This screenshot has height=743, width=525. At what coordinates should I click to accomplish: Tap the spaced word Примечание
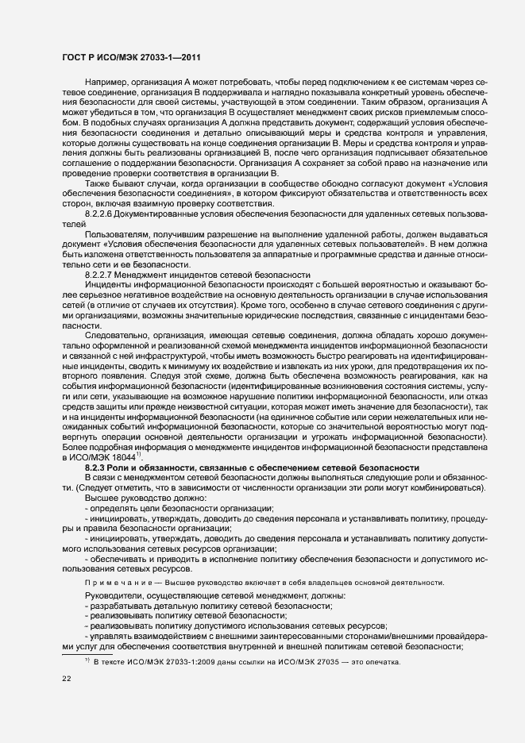coord(114,583)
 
